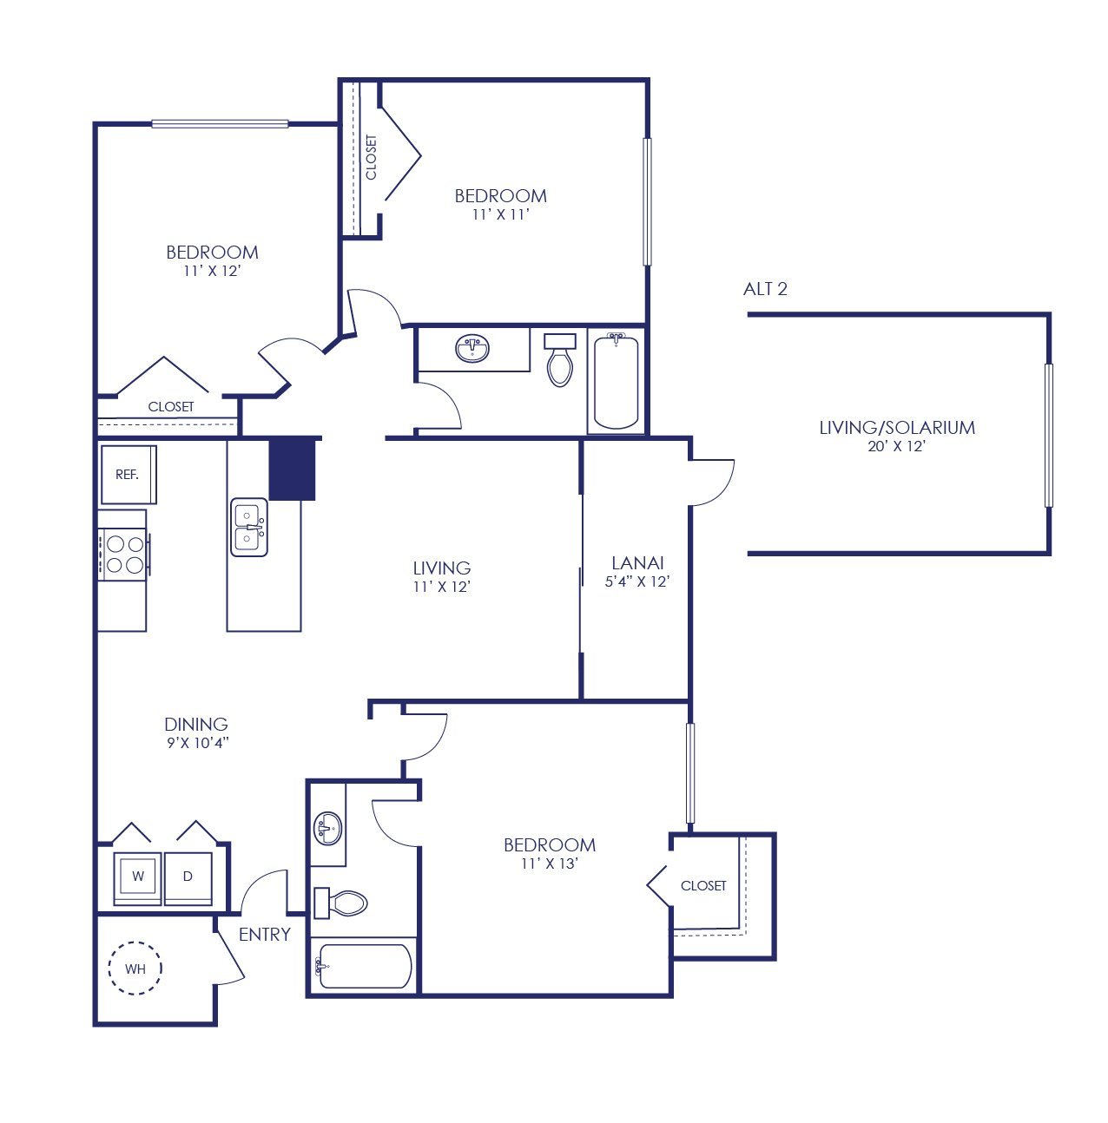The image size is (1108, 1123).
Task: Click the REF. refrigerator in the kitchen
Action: pyautogui.click(x=129, y=475)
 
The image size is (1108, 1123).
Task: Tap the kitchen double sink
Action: pyautogui.click(x=249, y=527)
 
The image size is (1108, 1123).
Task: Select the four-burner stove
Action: pyautogui.click(x=123, y=555)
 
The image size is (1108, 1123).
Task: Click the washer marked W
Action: pyautogui.click(x=137, y=878)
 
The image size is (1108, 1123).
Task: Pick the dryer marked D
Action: pyautogui.click(x=188, y=878)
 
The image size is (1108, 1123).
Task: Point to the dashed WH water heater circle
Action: pyautogui.click(x=135, y=968)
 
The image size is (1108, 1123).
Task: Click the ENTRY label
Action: pyautogui.click(x=265, y=935)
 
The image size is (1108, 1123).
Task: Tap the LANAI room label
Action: pyautogui.click(x=637, y=563)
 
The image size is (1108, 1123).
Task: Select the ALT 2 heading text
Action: pyautogui.click(x=765, y=289)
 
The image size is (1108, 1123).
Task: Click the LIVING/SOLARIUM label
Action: pyautogui.click(x=897, y=428)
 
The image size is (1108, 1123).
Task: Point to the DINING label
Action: pyautogui.click(x=196, y=725)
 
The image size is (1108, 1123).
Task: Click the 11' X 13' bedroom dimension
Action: pyautogui.click(x=550, y=864)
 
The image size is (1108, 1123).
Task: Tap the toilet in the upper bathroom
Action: pyautogui.click(x=560, y=359)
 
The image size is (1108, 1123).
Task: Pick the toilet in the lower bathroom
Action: pyautogui.click(x=340, y=903)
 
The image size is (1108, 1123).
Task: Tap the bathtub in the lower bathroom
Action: pyautogui.click(x=365, y=967)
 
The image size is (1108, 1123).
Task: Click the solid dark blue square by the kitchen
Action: pyautogui.click(x=292, y=470)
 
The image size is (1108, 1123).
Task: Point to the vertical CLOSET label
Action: pyautogui.click(x=371, y=157)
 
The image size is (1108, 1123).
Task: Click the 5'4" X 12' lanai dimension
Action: pyautogui.click(x=636, y=581)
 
